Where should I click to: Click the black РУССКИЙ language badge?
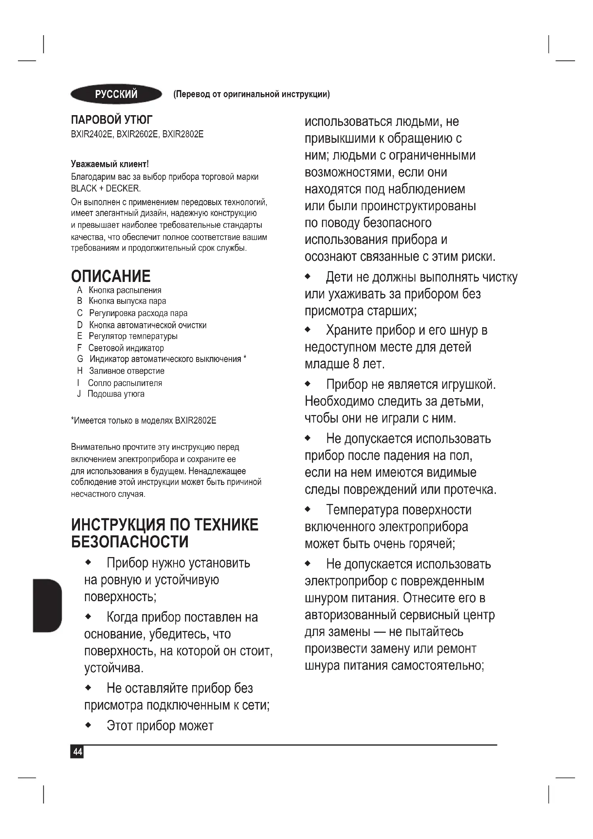116,94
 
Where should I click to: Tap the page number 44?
77,752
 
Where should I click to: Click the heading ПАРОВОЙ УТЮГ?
112,119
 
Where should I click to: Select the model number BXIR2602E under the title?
137,134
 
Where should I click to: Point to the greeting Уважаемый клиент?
110,164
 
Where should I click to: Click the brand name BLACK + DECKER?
105,189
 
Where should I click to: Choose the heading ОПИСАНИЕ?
111,277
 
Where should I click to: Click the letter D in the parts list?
80,325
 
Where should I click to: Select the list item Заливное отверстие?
127,371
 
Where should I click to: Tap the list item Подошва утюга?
116,394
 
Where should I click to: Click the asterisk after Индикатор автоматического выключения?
245,358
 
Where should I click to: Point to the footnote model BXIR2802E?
196,421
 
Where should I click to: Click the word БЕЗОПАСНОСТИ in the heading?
130,542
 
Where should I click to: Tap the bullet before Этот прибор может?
88,725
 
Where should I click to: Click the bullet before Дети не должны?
308,277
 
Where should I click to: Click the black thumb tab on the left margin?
47,605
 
